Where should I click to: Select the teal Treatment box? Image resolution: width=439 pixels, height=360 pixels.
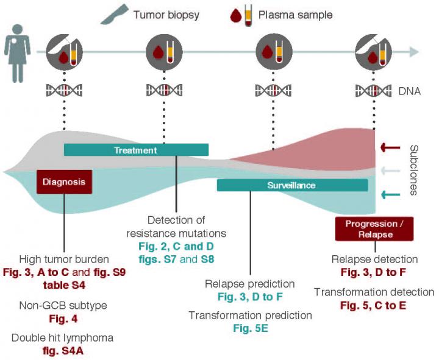(136, 150)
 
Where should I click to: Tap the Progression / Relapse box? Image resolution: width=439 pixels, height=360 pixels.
(374, 228)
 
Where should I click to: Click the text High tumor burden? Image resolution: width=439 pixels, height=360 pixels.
(64, 259)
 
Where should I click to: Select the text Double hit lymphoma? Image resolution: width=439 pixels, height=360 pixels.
(62, 337)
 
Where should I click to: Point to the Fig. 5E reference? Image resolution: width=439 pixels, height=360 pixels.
(250, 329)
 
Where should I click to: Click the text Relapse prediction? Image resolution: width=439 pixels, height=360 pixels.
(250, 284)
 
